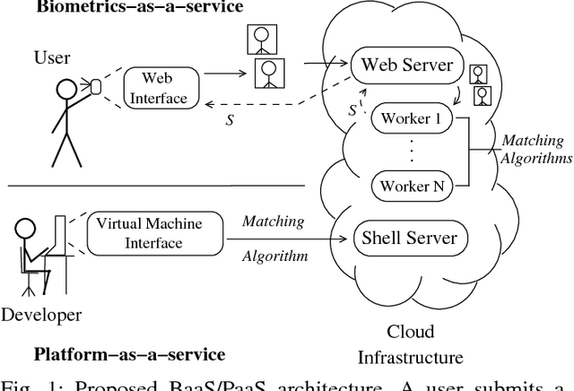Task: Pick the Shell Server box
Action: coord(409,238)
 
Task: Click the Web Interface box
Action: coord(158,88)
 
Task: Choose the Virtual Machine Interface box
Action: coord(149,232)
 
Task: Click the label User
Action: coord(52,59)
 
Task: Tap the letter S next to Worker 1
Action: coord(352,111)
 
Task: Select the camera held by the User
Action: coord(94,86)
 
